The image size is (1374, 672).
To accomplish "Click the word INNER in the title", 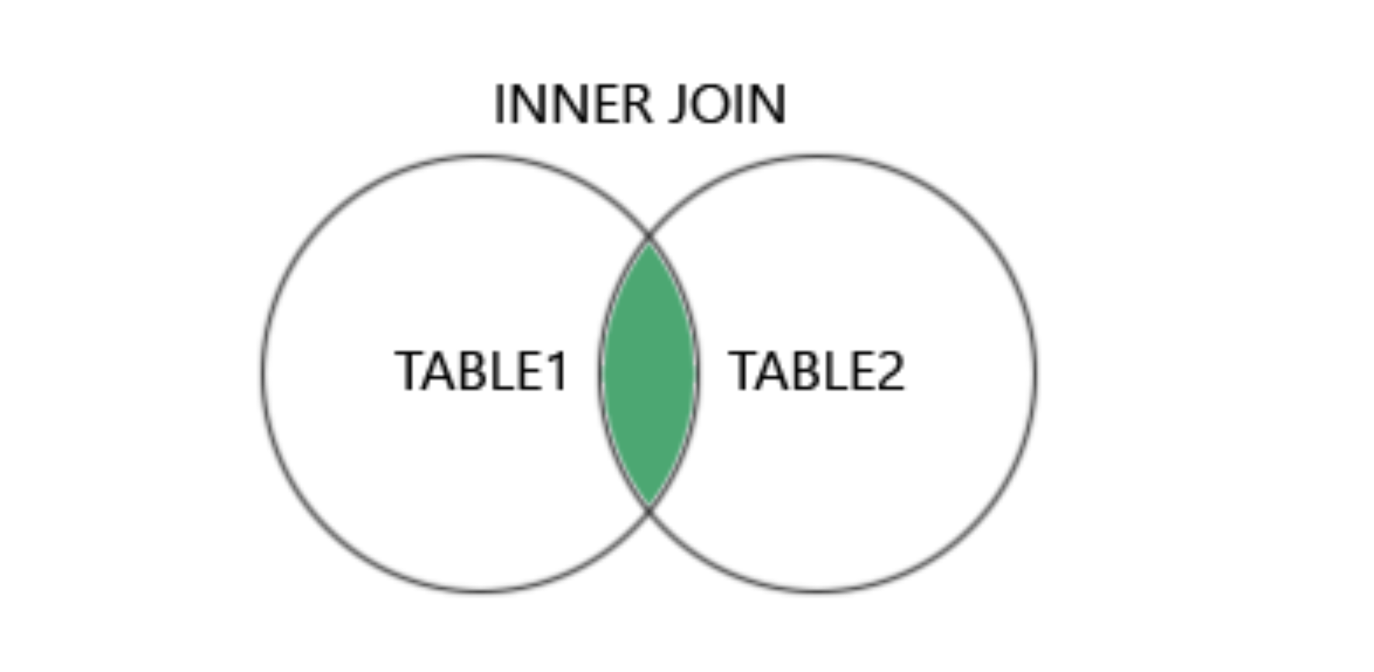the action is click(x=573, y=104).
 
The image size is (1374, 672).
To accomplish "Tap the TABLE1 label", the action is click(x=481, y=371).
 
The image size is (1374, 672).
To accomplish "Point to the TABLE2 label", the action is click(x=816, y=371).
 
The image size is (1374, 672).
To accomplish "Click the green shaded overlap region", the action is click(x=649, y=374).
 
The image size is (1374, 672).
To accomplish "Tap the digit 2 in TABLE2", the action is click(x=890, y=371).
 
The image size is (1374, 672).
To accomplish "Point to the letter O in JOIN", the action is click(x=709, y=104).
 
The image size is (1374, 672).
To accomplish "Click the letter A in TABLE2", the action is click(x=769, y=371).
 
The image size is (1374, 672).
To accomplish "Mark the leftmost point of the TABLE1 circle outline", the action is click(x=263, y=374).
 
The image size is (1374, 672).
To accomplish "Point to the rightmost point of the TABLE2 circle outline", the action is click(x=1035, y=374).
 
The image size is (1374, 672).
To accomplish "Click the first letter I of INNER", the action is click(x=499, y=104).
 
